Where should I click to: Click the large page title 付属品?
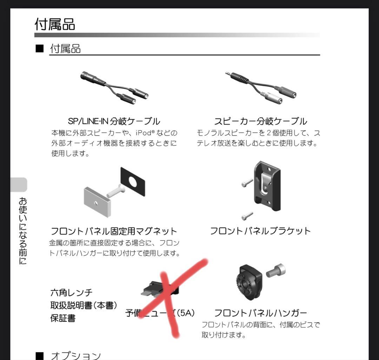click(x=55, y=24)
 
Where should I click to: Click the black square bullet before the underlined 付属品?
click(x=39, y=48)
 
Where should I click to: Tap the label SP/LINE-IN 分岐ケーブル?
click(x=114, y=121)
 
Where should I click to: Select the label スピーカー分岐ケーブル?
click(x=260, y=121)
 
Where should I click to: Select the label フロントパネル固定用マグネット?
click(x=114, y=231)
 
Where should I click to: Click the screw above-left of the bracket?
click(x=247, y=183)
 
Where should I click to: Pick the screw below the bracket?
click(x=247, y=215)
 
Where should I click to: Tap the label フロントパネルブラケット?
click(x=260, y=231)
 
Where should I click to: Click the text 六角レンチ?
click(x=72, y=292)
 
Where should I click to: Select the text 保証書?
click(x=63, y=318)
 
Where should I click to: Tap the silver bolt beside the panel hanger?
click(x=276, y=271)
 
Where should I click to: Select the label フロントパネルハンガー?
click(x=260, y=313)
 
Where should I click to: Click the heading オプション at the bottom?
click(x=76, y=355)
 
